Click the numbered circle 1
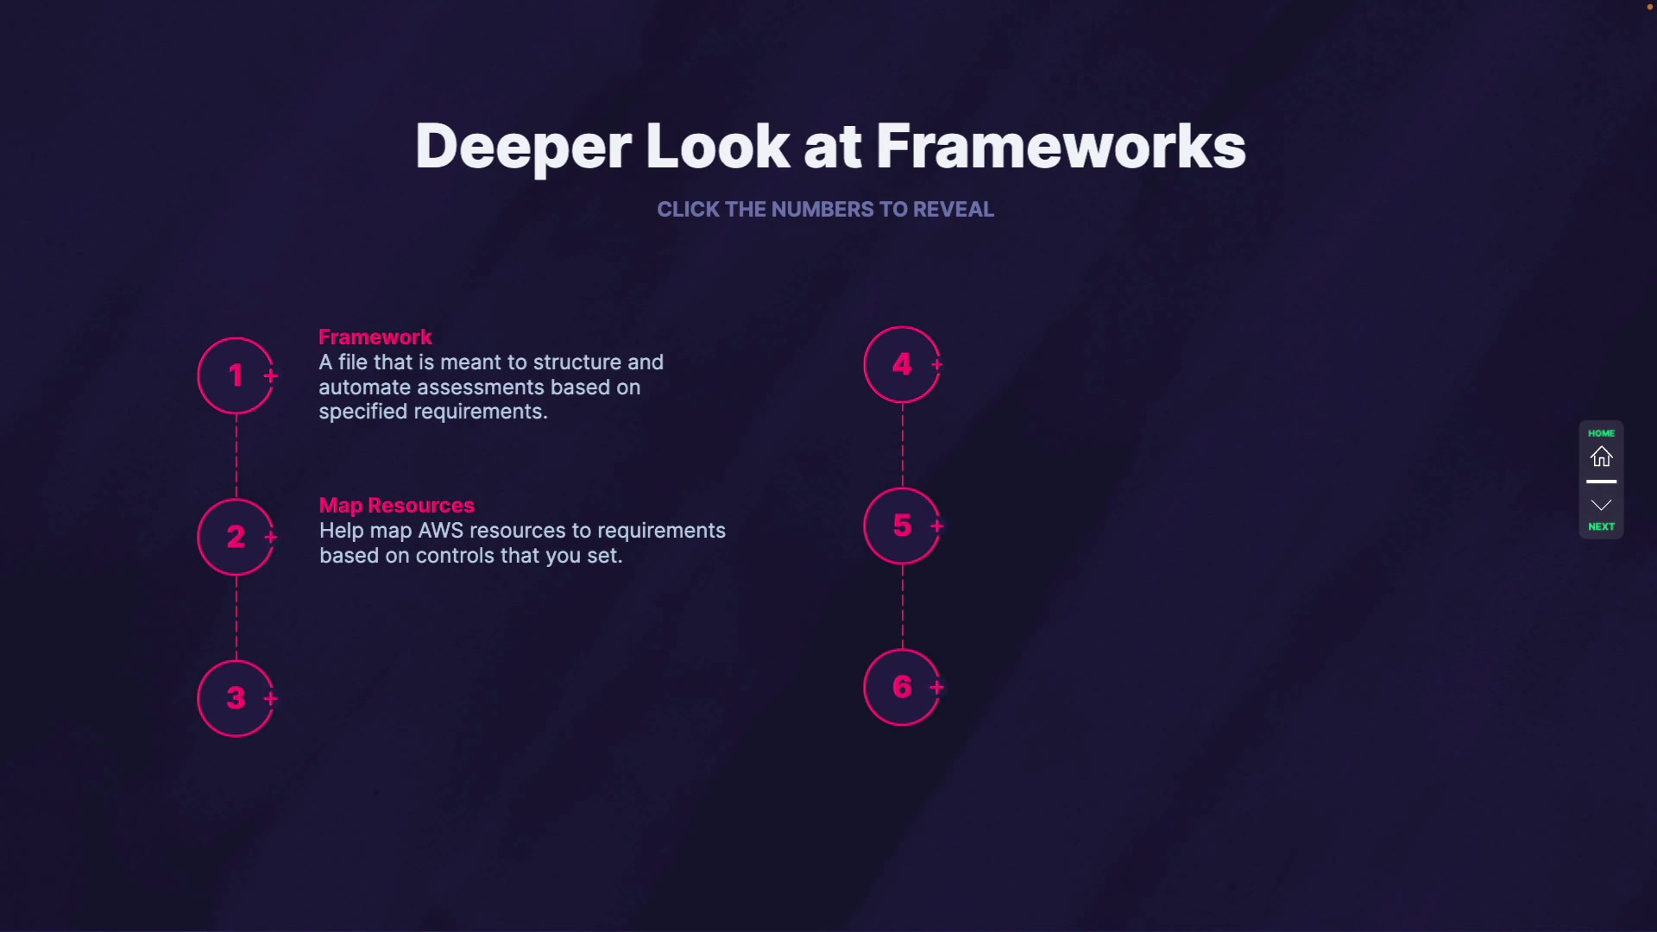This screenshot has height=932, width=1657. click(x=236, y=375)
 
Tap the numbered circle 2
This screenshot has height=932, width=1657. click(x=236, y=537)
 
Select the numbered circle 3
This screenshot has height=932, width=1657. click(x=236, y=698)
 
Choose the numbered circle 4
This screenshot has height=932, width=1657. click(x=902, y=364)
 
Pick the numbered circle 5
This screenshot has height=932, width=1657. click(x=902, y=526)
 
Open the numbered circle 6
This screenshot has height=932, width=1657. click(x=902, y=687)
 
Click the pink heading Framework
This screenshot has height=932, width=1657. click(x=375, y=337)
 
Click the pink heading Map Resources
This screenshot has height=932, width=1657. click(x=396, y=506)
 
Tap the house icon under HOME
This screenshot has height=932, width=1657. click(x=1601, y=457)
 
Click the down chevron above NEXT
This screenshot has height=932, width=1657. click(x=1601, y=505)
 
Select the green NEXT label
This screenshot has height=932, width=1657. click(x=1601, y=526)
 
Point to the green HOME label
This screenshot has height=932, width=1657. click(x=1601, y=433)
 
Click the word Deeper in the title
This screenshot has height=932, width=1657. click(x=522, y=147)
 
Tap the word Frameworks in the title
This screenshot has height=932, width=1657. click(x=1061, y=147)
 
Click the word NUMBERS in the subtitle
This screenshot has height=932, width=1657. click(x=822, y=210)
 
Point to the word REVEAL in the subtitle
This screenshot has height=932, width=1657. click(x=953, y=210)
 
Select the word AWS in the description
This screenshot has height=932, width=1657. click(x=440, y=531)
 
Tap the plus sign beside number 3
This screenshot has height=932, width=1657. click(x=271, y=698)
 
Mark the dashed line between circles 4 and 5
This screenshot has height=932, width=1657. click(x=903, y=445)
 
